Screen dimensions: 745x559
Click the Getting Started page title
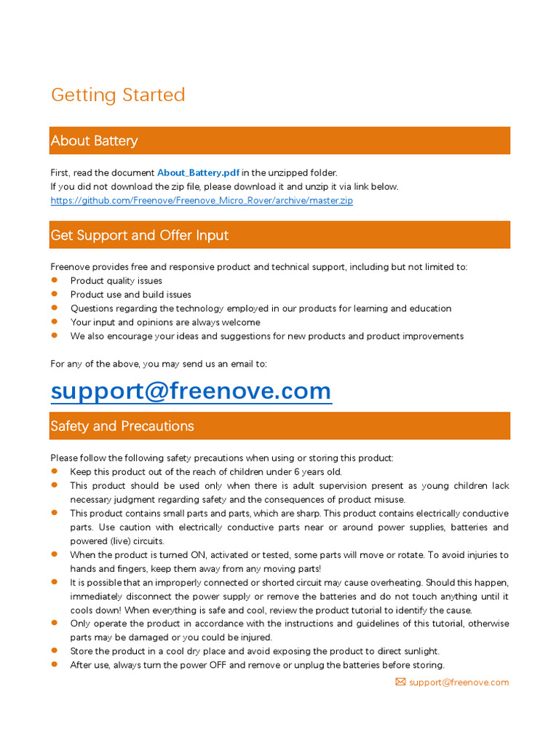(118, 95)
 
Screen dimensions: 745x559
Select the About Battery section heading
(94, 140)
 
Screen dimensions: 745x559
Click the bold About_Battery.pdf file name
(198, 172)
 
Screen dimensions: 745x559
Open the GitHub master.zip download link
(202, 200)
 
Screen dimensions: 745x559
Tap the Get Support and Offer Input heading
(140, 235)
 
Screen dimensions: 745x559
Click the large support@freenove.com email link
(191, 391)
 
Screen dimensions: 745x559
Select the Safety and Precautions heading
(122, 426)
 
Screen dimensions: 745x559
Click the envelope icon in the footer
(400, 682)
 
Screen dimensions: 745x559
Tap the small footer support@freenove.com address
(459, 682)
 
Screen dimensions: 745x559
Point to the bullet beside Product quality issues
(54, 280)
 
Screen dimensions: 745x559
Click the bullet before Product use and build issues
(54, 294)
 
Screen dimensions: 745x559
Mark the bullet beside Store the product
(54, 650)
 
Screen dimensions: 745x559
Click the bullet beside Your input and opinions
(54, 322)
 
